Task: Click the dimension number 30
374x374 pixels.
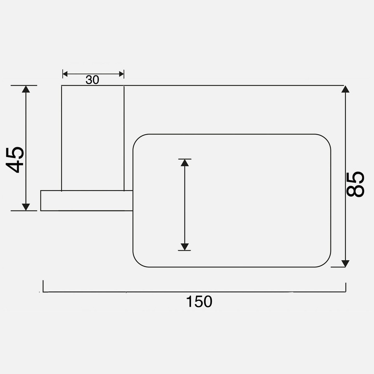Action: [x=92, y=80]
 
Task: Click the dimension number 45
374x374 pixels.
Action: [x=15, y=160]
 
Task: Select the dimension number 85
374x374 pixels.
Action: [x=355, y=184]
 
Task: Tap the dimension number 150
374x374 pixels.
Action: [x=199, y=302]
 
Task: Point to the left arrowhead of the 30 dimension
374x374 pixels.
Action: [x=65, y=74]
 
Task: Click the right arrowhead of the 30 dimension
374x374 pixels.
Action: [x=122, y=74]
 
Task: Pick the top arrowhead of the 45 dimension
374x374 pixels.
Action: [x=26, y=89]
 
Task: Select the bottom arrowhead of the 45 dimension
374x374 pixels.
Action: [x=26, y=207]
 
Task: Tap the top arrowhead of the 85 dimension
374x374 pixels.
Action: [x=345, y=89]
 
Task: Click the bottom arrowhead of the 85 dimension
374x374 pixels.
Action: [x=345, y=264]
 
